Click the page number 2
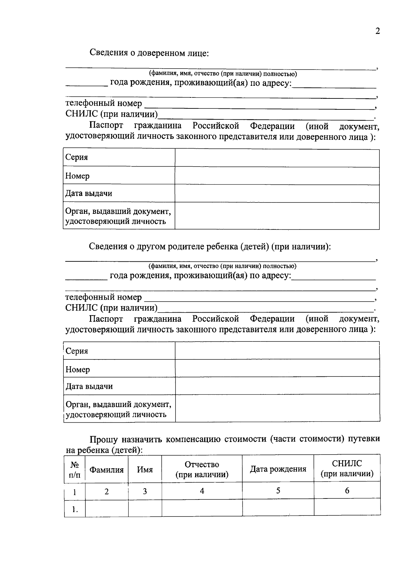point(377,31)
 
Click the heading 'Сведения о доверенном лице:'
point(149,53)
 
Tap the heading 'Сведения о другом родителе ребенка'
point(209,247)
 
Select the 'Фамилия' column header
point(107,470)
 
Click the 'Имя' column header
point(145,470)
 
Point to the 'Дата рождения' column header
point(278,469)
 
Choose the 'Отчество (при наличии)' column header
point(202,469)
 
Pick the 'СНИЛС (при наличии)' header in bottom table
point(347,468)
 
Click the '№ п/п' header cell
point(74,470)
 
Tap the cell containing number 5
point(278,491)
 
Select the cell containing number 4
point(202,491)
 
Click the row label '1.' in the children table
point(75,509)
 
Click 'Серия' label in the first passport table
point(76,157)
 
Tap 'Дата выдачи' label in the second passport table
point(89,386)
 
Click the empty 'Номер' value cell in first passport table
point(277,176)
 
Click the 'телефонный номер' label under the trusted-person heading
point(103,103)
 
